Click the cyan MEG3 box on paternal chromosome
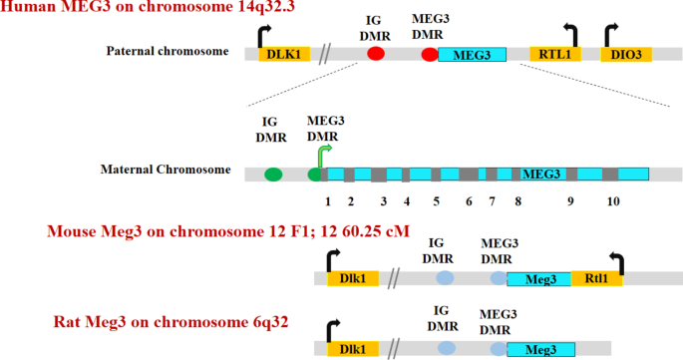pyautogui.click(x=472, y=55)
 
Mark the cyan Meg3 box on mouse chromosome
pyautogui.click(x=538, y=280)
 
